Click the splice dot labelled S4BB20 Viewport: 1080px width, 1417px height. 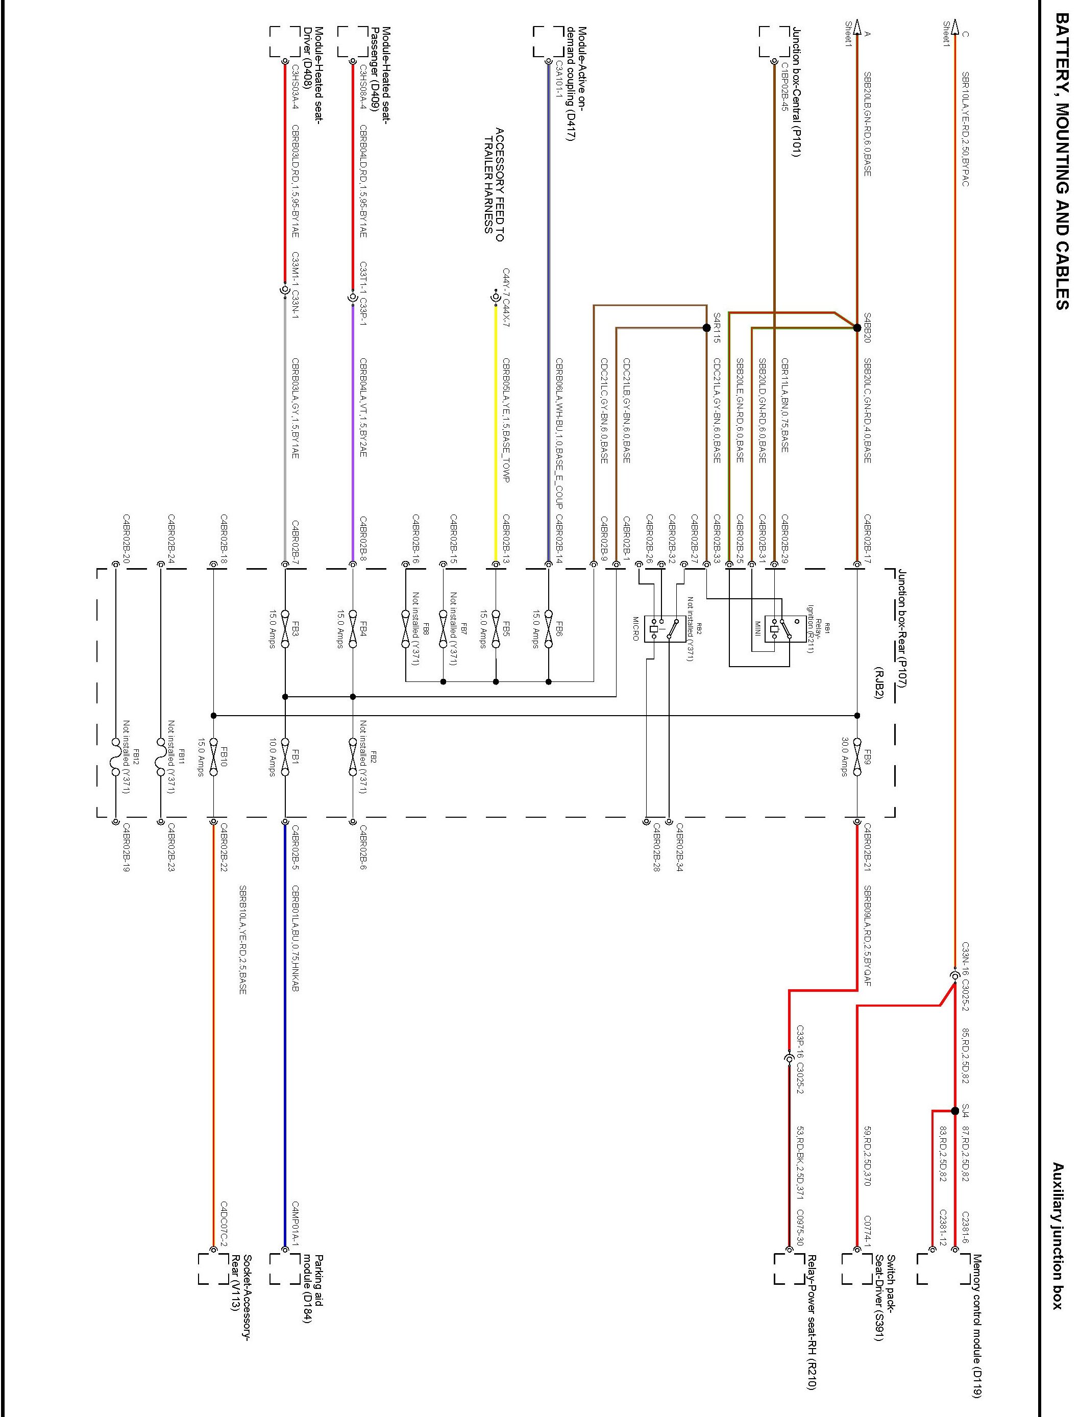click(857, 328)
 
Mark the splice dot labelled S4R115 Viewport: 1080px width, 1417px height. click(706, 328)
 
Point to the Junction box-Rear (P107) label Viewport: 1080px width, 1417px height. click(902, 627)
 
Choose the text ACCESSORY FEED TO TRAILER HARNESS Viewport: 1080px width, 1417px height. click(494, 184)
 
